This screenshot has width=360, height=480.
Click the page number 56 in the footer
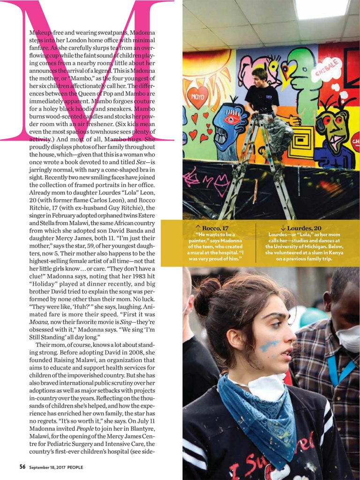click(x=22, y=466)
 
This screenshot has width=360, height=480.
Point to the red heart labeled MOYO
click(x=197, y=98)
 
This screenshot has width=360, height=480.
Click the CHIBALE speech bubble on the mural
click(x=327, y=69)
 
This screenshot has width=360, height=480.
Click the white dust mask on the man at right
click(x=347, y=337)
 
